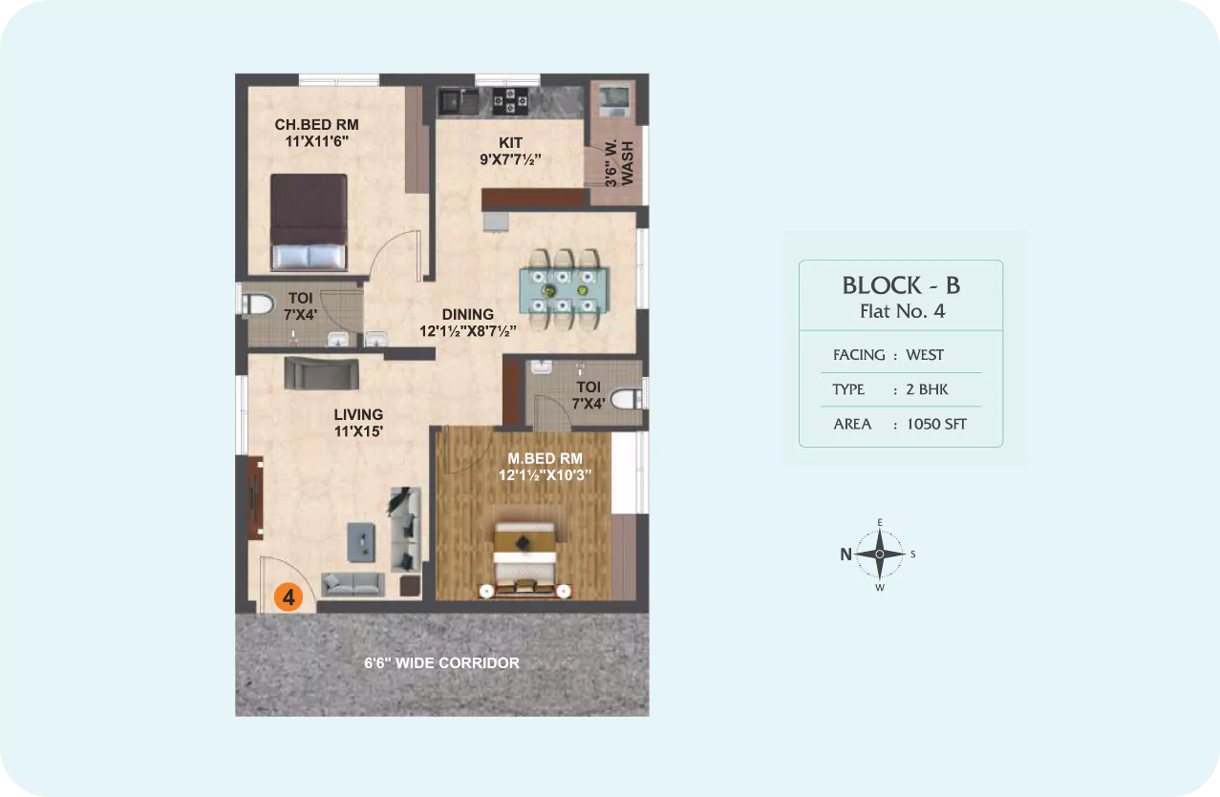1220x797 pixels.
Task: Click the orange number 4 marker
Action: point(289,597)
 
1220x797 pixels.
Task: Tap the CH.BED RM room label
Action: point(316,125)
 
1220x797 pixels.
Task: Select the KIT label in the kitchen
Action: point(510,142)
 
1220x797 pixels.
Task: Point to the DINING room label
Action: point(468,314)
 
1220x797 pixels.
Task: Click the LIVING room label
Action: point(358,414)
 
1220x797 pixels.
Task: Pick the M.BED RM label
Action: point(545,458)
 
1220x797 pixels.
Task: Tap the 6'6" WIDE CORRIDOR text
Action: point(441,663)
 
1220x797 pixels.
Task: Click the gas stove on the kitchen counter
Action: point(510,100)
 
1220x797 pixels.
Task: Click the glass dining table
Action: point(564,290)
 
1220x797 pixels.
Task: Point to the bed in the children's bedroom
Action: point(309,222)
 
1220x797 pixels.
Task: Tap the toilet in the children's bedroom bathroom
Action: point(257,304)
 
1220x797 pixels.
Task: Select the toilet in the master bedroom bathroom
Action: point(628,399)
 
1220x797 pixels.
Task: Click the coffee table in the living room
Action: point(361,542)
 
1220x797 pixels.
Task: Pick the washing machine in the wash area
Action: point(614,100)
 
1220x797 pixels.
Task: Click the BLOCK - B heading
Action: point(901,285)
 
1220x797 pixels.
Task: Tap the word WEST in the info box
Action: point(925,355)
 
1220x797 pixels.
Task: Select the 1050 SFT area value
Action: point(936,424)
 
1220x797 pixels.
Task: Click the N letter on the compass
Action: point(845,555)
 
